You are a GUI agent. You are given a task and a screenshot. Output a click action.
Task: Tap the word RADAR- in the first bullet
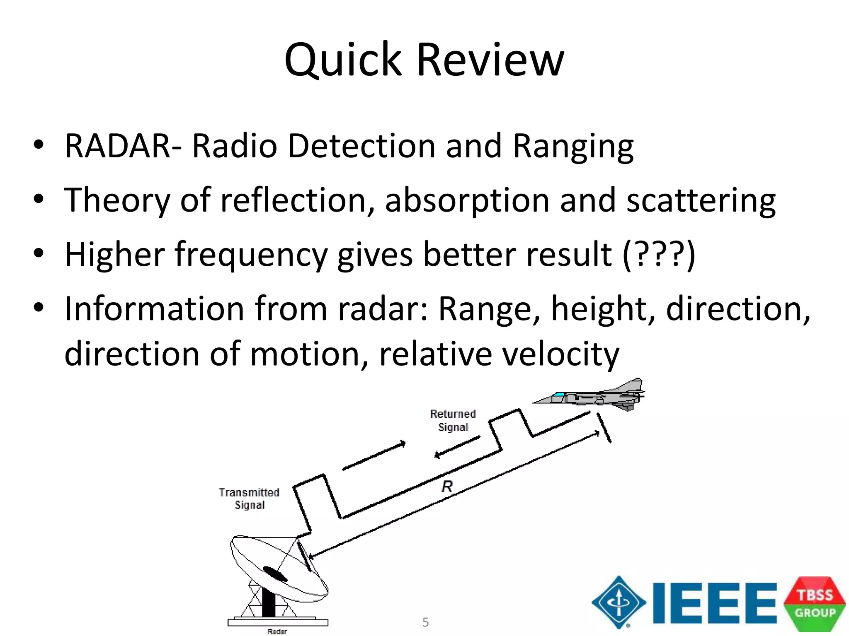[x=123, y=146]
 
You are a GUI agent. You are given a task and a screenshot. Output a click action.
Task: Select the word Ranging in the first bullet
[x=573, y=147]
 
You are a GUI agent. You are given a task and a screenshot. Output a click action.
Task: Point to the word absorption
[x=467, y=200]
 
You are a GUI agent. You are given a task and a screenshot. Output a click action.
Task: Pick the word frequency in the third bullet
[x=251, y=255]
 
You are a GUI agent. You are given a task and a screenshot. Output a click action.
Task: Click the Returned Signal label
[x=453, y=420]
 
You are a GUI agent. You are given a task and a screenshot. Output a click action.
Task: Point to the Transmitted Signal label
[x=249, y=499]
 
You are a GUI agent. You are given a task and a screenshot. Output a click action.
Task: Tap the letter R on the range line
[x=447, y=486]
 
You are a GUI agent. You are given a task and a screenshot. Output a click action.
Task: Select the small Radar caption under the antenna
[x=277, y=631]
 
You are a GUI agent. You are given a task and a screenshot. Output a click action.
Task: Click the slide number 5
[x=425, y=622]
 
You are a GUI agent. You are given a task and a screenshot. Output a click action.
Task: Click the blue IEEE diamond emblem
[x=619, y=602]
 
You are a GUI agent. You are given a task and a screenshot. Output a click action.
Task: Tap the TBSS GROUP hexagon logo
[x=814, y=604]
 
